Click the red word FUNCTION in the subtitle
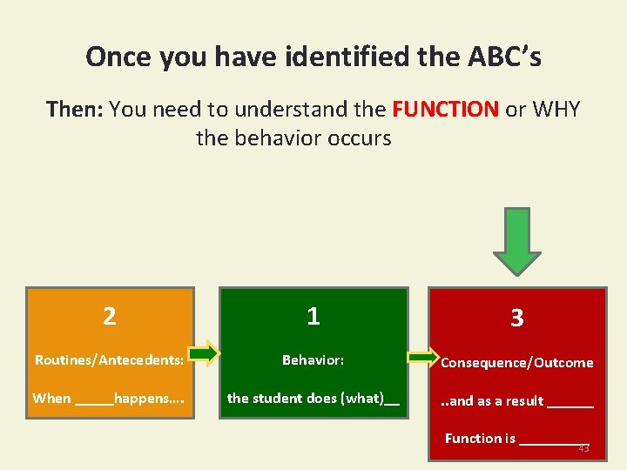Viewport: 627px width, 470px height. point(445,110)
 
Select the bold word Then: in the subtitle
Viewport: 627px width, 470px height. point(75,110)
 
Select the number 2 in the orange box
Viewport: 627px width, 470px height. point(109,316)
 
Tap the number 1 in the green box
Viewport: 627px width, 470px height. point(313,316)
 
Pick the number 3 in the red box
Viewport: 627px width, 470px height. point(516,319)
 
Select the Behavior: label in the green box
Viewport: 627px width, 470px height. point(313,359)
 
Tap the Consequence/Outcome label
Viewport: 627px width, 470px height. point(516,363)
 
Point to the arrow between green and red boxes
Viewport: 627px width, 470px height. point(424,357)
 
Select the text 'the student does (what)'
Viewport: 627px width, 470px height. point(313,399)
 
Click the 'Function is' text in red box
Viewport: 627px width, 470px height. point(480,439)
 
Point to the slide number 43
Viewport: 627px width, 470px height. point(583,449)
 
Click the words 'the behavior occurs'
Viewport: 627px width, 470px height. point(293,138)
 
